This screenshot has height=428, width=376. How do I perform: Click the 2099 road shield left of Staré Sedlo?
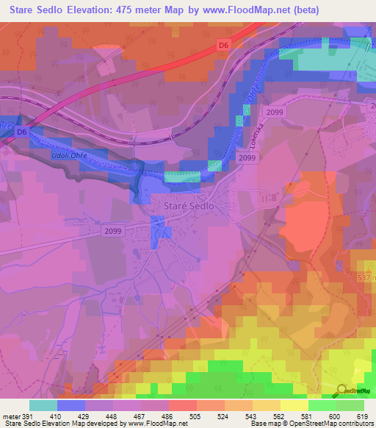pos(112,230)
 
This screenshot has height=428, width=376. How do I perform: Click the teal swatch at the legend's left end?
pos(43,405)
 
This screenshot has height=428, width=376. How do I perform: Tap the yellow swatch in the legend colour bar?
pos(294,405)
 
